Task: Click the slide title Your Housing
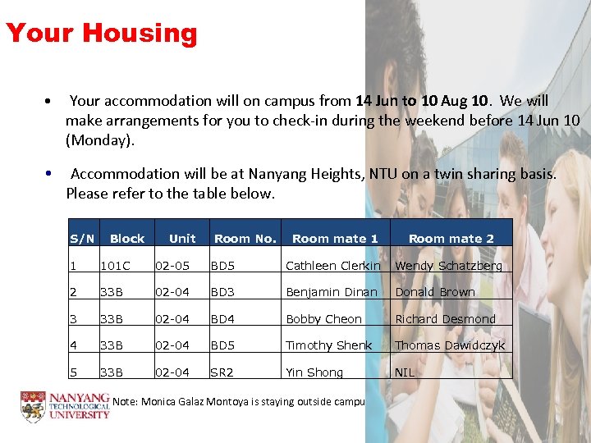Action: click(x=102, y=34)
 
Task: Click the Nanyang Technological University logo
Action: click(x=65, y=406)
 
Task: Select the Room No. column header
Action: click(x=245, y=239)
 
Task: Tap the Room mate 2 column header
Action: click(x=451, y=239)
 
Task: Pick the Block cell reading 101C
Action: click(x=115, y=266)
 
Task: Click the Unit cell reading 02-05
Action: click(x=173, y=266)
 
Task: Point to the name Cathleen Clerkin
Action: click(x=332, y=266)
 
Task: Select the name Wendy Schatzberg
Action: click(x=448, y=266)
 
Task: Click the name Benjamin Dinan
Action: click(x=331, y=292)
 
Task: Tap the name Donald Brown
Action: click(x=435, y=292)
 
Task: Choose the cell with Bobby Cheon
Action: click(x=323, y=319)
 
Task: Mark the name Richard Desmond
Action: click(x=446, y=319)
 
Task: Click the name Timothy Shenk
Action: click(x=328, y=345)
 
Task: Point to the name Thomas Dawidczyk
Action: click(x=450, y=345)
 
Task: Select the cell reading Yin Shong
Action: click(x=314, y=372)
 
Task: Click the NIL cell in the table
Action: click(x=405, y=372)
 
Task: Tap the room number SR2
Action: click(x=222, y=372)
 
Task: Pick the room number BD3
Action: click(x=222, y=292)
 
